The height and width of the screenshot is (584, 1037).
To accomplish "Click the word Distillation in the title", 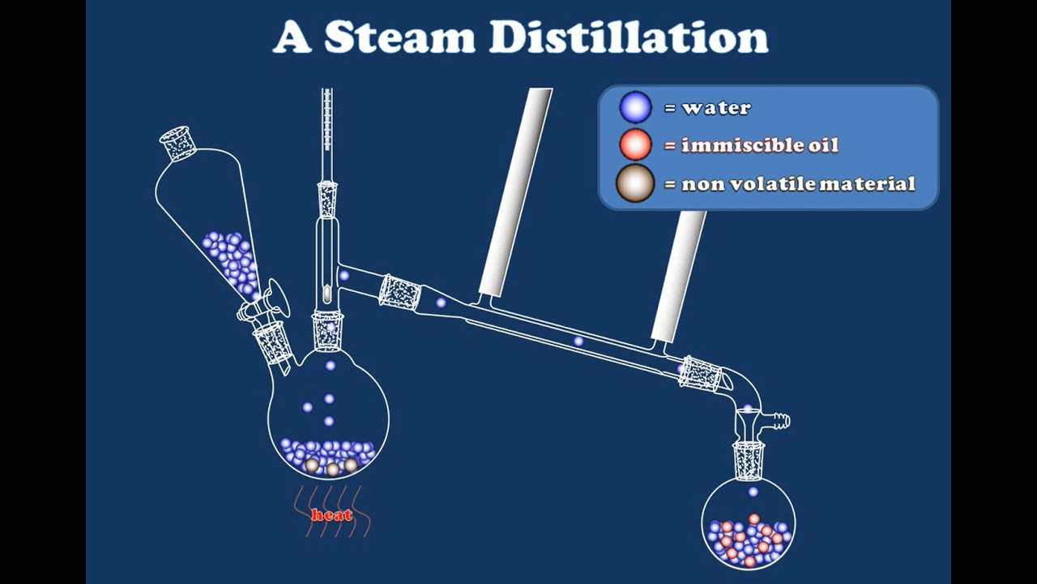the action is pos(628,37).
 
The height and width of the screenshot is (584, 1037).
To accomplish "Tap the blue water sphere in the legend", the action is pos(635,107).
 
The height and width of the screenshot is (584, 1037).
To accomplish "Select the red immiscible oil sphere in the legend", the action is pos(635,145).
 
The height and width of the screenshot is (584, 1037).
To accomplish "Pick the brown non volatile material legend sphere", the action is pos(635,183).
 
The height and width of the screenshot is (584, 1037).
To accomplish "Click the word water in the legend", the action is pos(716,108).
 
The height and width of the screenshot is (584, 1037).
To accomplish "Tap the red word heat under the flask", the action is pos(332,515).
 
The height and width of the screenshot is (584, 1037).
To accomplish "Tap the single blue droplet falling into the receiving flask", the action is pos(753,492).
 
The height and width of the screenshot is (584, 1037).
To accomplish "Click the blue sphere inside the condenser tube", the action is pos(578,341).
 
